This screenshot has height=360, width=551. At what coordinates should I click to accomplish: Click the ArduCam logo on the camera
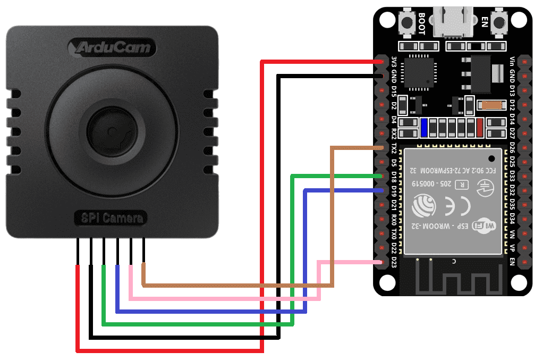coord(112,48)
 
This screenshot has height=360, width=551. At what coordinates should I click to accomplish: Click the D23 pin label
coord(394,262)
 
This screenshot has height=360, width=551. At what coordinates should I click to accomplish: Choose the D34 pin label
coord(512,218)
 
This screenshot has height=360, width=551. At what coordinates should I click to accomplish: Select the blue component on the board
coord(424,128)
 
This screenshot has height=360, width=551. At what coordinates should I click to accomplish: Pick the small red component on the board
coord(480,128)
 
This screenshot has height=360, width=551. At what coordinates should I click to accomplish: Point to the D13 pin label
coord(512,90)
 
